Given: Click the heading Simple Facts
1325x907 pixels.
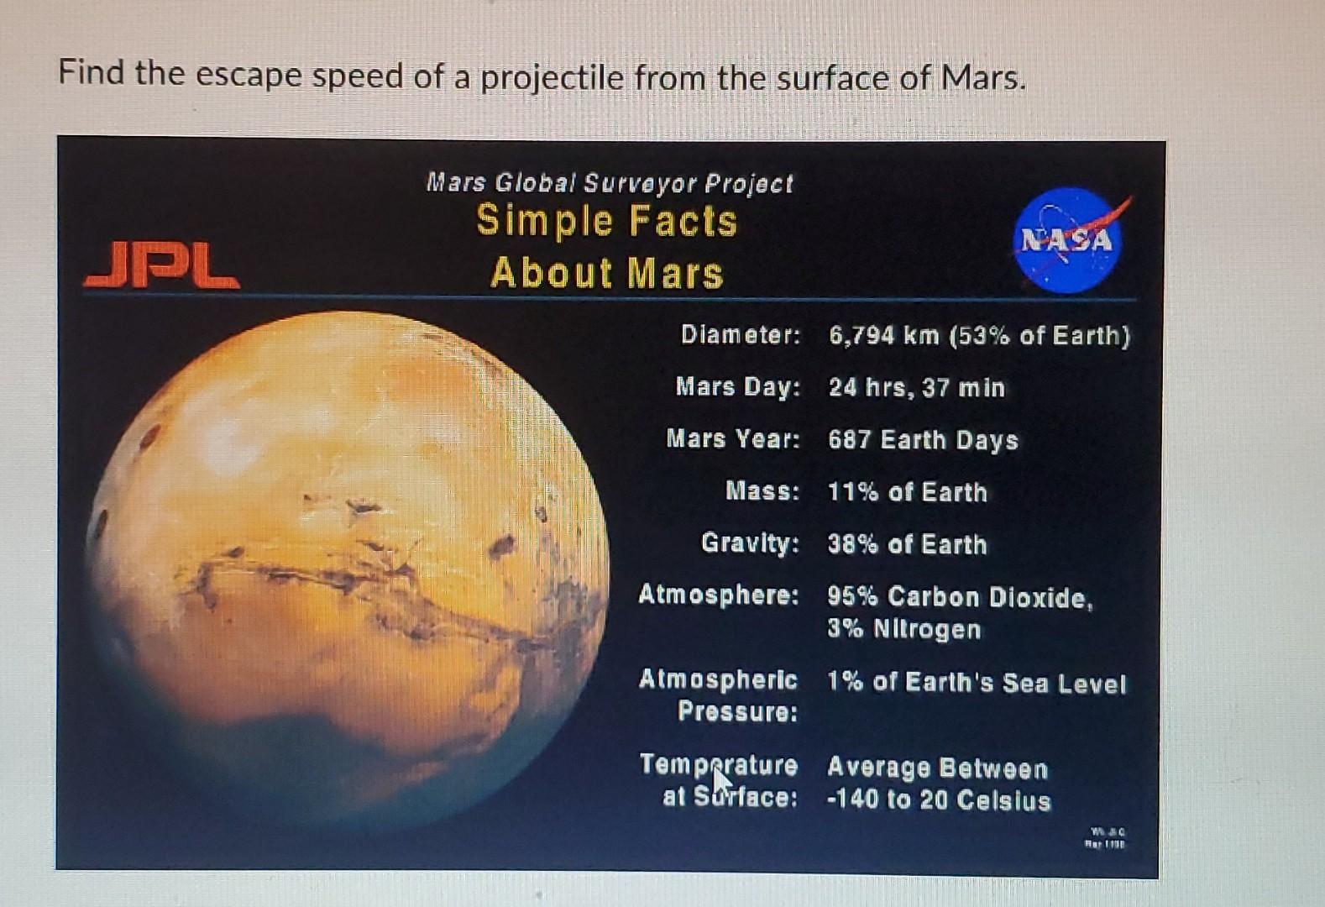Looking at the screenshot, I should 606,221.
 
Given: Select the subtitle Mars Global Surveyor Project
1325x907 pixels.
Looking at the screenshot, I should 610,182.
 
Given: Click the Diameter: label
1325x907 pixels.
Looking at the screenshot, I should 740,335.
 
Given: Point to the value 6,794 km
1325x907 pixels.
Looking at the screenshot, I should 883,336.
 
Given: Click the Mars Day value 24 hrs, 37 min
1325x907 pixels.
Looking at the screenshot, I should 916,388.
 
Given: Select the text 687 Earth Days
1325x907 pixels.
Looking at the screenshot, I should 923,440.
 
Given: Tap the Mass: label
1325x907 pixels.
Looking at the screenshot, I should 762,491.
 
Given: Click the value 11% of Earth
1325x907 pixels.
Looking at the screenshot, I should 907,492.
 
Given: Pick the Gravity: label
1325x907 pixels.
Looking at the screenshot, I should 750,543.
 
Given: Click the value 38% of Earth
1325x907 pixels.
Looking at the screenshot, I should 907,544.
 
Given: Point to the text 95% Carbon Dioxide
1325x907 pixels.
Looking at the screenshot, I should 960,597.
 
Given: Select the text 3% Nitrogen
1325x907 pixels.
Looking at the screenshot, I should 903,629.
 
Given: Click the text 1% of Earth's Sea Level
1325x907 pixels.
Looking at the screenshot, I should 976,683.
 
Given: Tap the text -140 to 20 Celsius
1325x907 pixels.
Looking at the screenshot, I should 939,800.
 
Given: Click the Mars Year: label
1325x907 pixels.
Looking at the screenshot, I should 732,439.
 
